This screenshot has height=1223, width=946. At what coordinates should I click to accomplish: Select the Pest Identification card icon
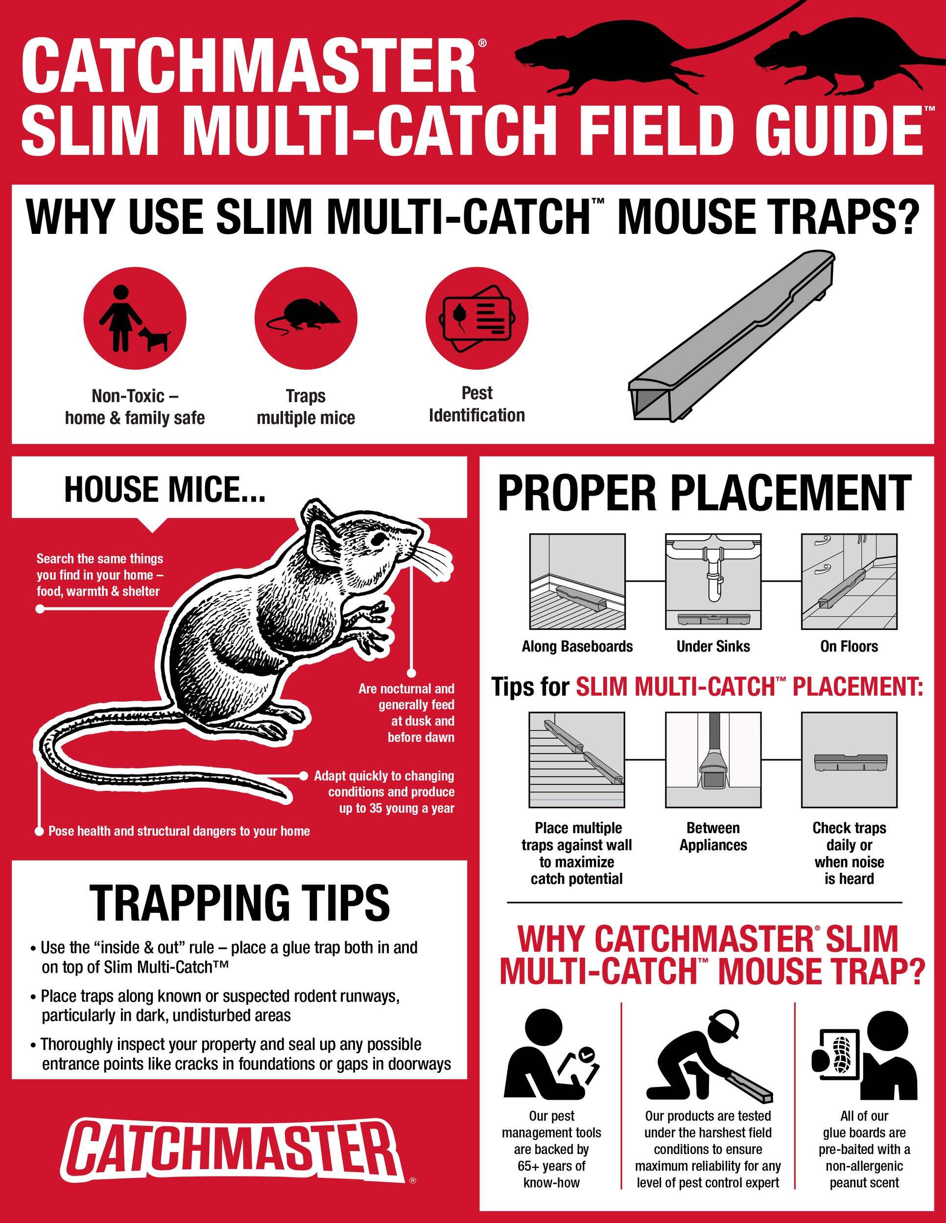click(476, 318)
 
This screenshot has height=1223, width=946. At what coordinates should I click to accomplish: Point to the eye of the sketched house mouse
click(379, 539)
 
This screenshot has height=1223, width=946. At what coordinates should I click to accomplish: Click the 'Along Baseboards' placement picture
click(577, 581)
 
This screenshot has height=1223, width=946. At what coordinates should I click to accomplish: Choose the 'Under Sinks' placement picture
click(713, 581)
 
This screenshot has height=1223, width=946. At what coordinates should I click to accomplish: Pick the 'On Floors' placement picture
click(849, 581)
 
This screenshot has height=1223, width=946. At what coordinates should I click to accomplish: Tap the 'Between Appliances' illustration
click(713, 760)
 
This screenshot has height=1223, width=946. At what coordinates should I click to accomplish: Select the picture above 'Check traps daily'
click(849, 760)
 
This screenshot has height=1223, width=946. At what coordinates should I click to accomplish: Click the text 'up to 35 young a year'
click(396, 808)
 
